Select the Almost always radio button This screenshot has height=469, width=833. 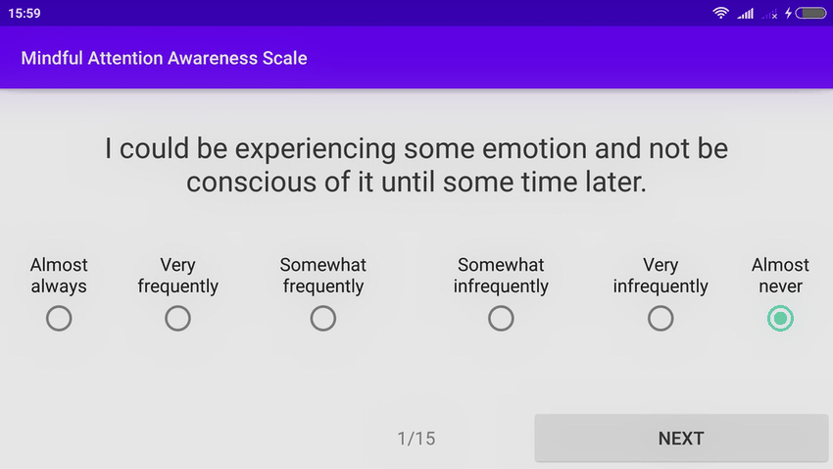59,319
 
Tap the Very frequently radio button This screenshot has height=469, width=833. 177,319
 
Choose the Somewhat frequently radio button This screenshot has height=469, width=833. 323,319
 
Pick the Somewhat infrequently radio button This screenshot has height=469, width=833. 501,319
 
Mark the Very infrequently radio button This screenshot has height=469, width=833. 661,319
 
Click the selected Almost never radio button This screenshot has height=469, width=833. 781,319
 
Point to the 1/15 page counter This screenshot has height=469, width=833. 416,439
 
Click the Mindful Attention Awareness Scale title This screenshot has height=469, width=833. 165,58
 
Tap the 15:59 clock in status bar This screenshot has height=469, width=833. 24,14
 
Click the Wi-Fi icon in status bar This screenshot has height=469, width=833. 721,14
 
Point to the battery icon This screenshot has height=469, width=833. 812,14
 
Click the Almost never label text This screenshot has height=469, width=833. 780,276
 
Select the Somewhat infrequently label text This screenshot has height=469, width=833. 501,276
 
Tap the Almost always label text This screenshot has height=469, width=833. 59,276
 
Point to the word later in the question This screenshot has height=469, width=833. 612,182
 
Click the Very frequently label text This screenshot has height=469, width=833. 177,276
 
